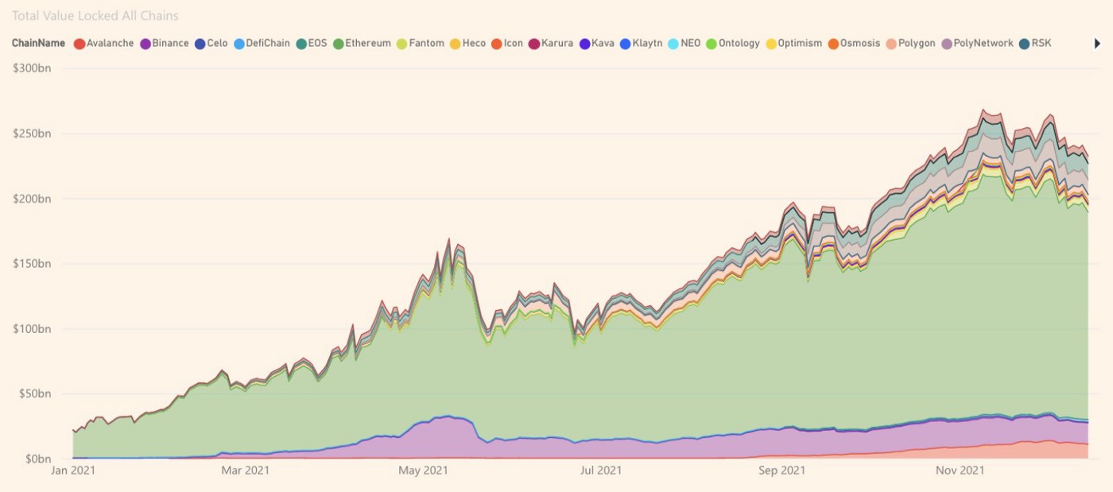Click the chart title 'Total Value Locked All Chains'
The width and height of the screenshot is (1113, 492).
pyautogui.click(x=95, y=16)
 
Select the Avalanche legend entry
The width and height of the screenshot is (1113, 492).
pyautogui.click(x=104, y=44)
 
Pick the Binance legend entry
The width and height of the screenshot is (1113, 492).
pyautogui.click(x=165, y=44)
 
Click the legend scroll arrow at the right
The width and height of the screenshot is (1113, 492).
pyautogui.click(x=1098, y=44)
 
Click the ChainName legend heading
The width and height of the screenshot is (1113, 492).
pyautogui.click(x=38, y=44)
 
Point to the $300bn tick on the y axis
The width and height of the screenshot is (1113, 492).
pyautogui.click(x=31, y=68)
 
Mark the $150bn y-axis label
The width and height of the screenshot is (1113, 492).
pyautogui.click(x=31, y=263)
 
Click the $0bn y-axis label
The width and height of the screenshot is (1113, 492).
pyautogui.click(x=36, y=459)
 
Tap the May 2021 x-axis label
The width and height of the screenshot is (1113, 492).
pyautogui.click(x=424, y=471)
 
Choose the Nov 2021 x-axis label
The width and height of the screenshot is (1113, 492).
pyautogui.click(x=960, y=471)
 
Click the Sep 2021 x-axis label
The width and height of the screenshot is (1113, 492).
pyautogui.click(x=781, y=471)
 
